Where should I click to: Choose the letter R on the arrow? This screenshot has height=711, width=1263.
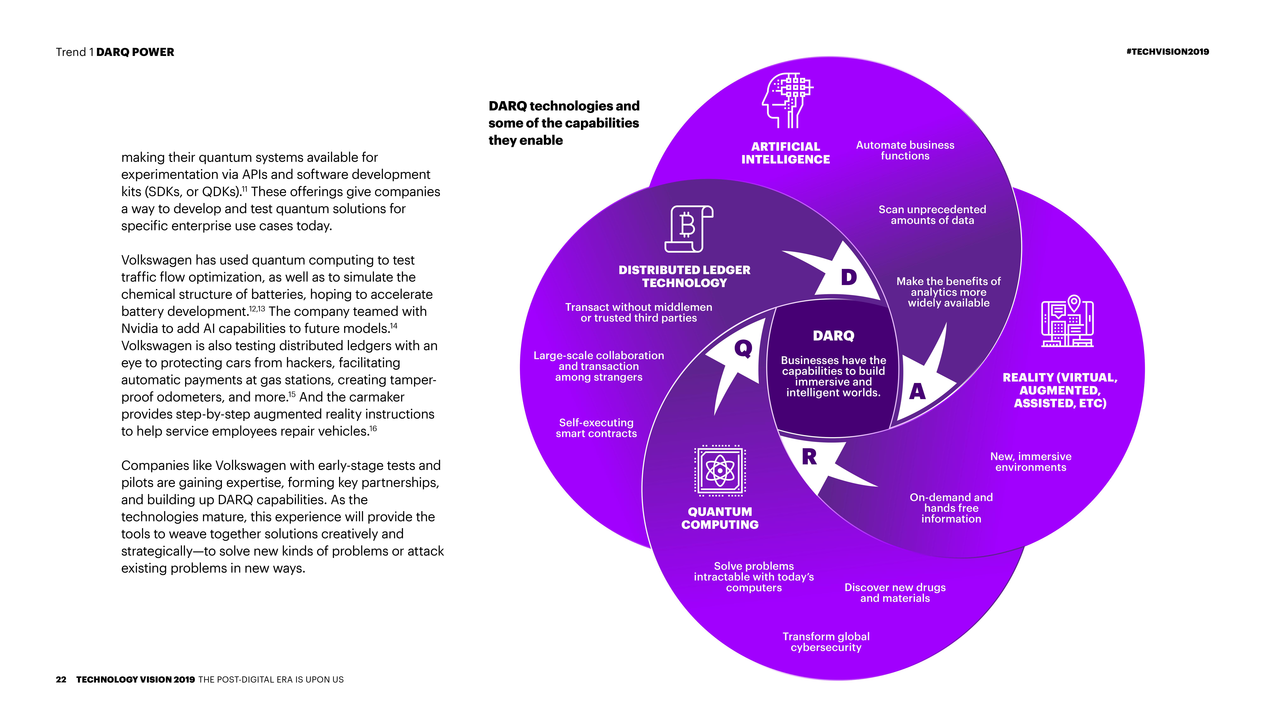(809, 457)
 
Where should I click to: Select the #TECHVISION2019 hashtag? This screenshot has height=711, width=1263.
(1167, 52)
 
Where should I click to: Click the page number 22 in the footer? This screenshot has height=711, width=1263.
(61, 680)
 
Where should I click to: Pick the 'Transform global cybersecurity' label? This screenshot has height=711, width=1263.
(826, 642)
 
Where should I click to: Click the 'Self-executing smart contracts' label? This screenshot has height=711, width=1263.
(596, 428)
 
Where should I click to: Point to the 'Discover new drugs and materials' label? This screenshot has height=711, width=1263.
(895, 593)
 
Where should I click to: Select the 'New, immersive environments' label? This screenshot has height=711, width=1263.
(1031, 462)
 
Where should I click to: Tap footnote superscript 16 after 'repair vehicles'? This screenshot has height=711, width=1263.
(373, 428)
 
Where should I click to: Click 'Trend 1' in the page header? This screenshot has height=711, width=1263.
(74, 52)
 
